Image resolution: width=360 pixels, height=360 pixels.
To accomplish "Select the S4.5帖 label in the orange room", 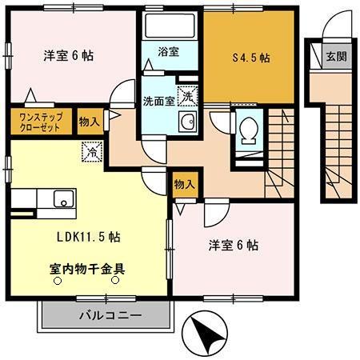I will coord(250,58).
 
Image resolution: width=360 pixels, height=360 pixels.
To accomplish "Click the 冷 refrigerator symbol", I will coord(92,149).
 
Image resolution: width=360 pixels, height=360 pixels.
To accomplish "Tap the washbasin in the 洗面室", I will coord(188,122).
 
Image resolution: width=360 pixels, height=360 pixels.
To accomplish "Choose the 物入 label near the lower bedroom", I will coord(184,184).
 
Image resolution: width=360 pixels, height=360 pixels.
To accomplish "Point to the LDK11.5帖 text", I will coord(88,237).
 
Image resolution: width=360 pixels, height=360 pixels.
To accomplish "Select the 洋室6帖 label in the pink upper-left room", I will coord(67,57).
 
